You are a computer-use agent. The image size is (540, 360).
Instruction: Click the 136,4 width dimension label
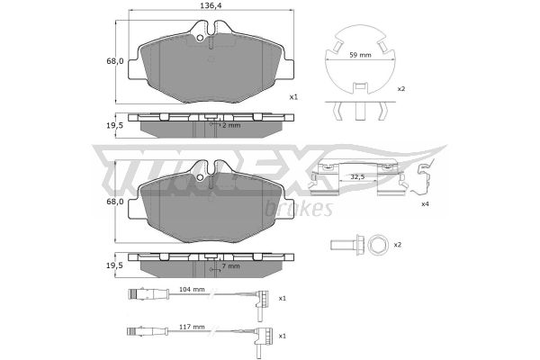(x=211, y=5)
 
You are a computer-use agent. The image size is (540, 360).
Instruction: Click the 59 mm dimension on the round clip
(x=360, y=55)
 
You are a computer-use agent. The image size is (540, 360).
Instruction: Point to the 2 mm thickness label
(x=231, y=125)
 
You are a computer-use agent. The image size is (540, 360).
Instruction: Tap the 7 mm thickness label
(x=230, y=266)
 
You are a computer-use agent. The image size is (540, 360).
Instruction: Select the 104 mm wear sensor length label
(x=192, y=289)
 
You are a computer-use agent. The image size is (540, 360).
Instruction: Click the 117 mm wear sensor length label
(x=192, y=327)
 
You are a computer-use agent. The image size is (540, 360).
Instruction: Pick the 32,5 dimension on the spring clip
(x=357, y=176)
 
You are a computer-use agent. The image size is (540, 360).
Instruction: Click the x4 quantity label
(x=425, y=204)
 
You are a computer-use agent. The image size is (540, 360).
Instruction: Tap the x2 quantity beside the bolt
(x=398, y=245)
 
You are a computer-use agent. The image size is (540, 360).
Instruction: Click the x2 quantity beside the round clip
(x=401, y=89)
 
